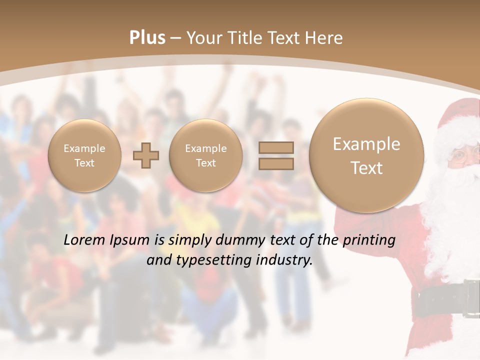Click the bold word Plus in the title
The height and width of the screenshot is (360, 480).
[147, 38]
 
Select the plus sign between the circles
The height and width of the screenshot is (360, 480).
[145, 155]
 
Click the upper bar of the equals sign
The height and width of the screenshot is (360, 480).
[275, 147]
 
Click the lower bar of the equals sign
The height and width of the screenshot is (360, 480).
[275, 163]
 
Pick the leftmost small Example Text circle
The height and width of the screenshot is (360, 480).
[84, 155]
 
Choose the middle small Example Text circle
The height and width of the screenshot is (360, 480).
[205, 155]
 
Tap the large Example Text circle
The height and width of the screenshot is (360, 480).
[366, 155]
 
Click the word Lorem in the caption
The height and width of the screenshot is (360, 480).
[86, 240]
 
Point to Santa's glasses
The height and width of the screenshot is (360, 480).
[461, 156]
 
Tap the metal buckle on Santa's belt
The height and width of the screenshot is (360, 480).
[471, 298]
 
